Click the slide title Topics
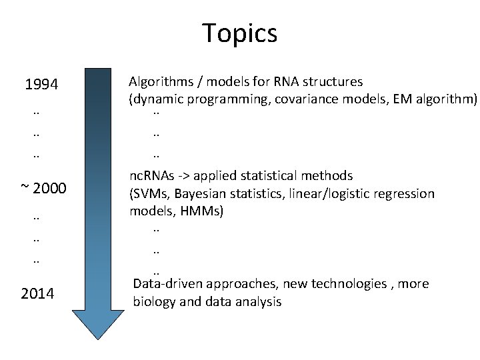[x=239, y=33]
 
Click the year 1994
[x=41, y=85]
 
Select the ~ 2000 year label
[x=43, y=189]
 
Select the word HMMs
[x=202, y=212]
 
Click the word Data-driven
[x=168, y=284]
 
